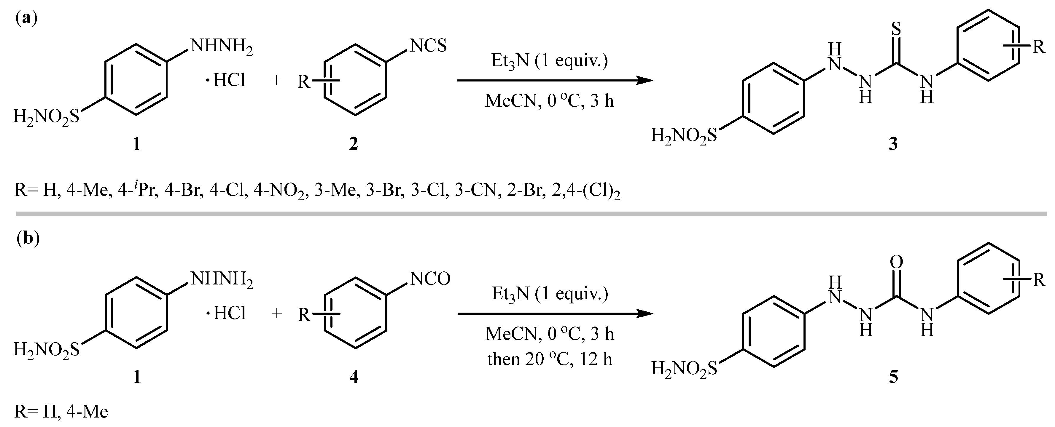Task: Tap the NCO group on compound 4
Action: pyautogui.click(x=430, y=279)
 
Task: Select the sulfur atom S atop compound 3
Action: pyautogui.click(x=896, y=29)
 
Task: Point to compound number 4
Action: pyautogui.click(x=354, y=377)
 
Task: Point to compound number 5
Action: pyautogui.click(x=893, y=377)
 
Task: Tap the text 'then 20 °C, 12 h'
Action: pyautogui.click(x=550, y=359)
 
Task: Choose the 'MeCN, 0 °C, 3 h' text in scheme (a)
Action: pyautogui.click(x=550, y=101)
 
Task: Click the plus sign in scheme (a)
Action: pyautogui.click(x=277, y=81)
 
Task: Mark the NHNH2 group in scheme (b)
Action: pyautogui.click(x=221, y=280)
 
